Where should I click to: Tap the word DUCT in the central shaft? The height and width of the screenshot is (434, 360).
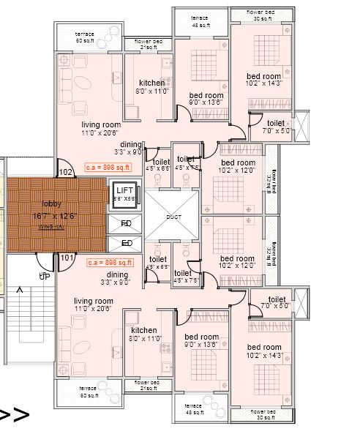tap(173, 217)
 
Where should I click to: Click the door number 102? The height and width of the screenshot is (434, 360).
tap(66, 172)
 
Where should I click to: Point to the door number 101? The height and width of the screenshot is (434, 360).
tap(67, 257)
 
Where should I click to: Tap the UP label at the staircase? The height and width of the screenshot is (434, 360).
tap(43, 276)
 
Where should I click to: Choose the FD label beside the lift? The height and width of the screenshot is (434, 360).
tap(126, 223)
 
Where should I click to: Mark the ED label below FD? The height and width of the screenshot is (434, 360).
tap(126, 243)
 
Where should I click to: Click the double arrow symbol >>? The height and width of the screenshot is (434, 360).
tap(14, 416)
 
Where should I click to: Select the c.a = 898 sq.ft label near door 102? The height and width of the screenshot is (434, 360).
tap(108, 167)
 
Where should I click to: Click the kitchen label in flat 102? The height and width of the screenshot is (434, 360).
tap(152, 83)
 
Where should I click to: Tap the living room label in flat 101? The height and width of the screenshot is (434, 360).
tap(94, 301)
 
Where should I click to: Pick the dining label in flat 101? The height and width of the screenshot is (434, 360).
tap(117, 274)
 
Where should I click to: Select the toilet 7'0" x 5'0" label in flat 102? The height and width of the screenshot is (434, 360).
tap(276, 127)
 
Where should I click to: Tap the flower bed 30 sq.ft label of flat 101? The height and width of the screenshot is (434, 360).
tap(263, 414)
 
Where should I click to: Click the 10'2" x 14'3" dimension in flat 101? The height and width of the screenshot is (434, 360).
tap(264, 356)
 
